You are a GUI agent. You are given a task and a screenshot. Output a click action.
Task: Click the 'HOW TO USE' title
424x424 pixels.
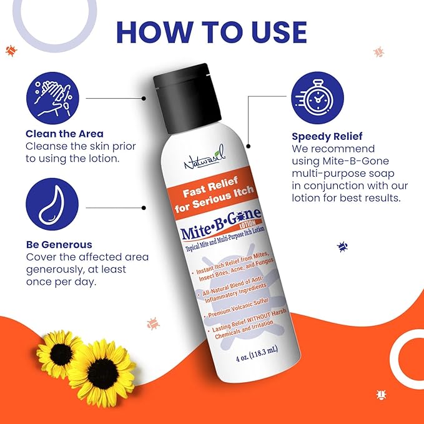(212, 32)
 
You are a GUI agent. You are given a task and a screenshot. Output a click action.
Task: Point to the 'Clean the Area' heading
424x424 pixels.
(64, 134)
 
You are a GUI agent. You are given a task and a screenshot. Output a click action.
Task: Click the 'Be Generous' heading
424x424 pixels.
(59, 245)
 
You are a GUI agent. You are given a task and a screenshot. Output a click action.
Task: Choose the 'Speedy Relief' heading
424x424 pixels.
(327, 136)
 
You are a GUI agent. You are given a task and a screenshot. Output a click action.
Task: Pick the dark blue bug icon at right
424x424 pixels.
(342, 247)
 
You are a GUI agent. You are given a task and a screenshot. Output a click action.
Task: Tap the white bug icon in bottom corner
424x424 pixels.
(381, 394)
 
